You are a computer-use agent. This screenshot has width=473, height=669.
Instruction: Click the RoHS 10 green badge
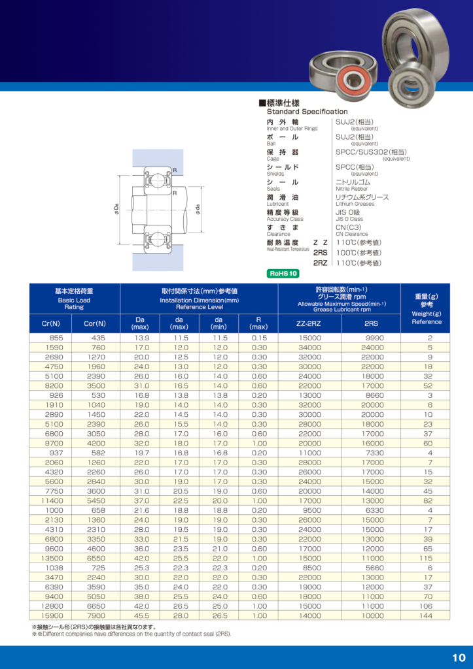[285, 274]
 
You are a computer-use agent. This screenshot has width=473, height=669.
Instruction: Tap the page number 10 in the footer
[458, 657]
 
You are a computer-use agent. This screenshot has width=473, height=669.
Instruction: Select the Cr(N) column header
[50, 323]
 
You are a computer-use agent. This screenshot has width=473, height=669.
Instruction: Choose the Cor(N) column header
[95, 323]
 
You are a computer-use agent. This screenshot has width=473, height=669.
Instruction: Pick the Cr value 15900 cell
[50, 615]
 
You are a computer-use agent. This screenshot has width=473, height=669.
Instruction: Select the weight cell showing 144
[426, 615]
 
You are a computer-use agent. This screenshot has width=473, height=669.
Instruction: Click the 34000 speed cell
[309, 348]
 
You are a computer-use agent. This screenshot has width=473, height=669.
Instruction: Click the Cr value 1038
[50, 568]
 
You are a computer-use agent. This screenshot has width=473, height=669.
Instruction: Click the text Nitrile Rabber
[352, 189]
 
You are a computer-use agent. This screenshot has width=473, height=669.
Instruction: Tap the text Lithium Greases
[355, 204]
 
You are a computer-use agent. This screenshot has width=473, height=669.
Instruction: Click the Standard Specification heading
[307, 112]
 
